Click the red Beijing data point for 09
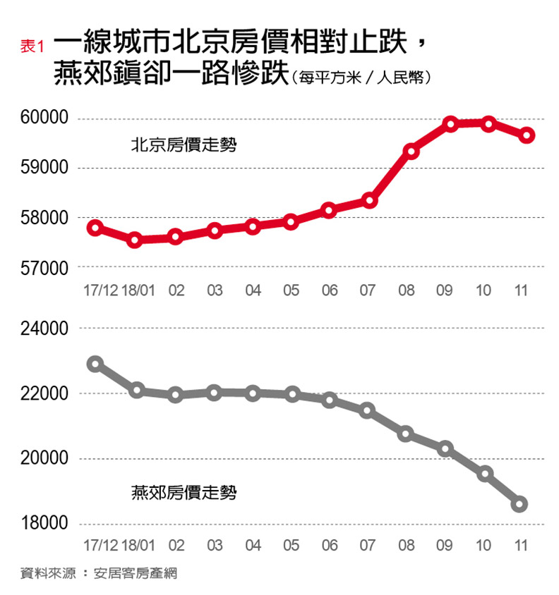450,125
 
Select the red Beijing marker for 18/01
136,240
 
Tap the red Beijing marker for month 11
527,135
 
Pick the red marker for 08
411,152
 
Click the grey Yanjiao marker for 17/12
95,364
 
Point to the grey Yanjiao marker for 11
520,504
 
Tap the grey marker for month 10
485,474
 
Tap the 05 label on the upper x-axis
291,290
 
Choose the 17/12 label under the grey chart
100,546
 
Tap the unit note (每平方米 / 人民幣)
360,78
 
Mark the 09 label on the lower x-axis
445,546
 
